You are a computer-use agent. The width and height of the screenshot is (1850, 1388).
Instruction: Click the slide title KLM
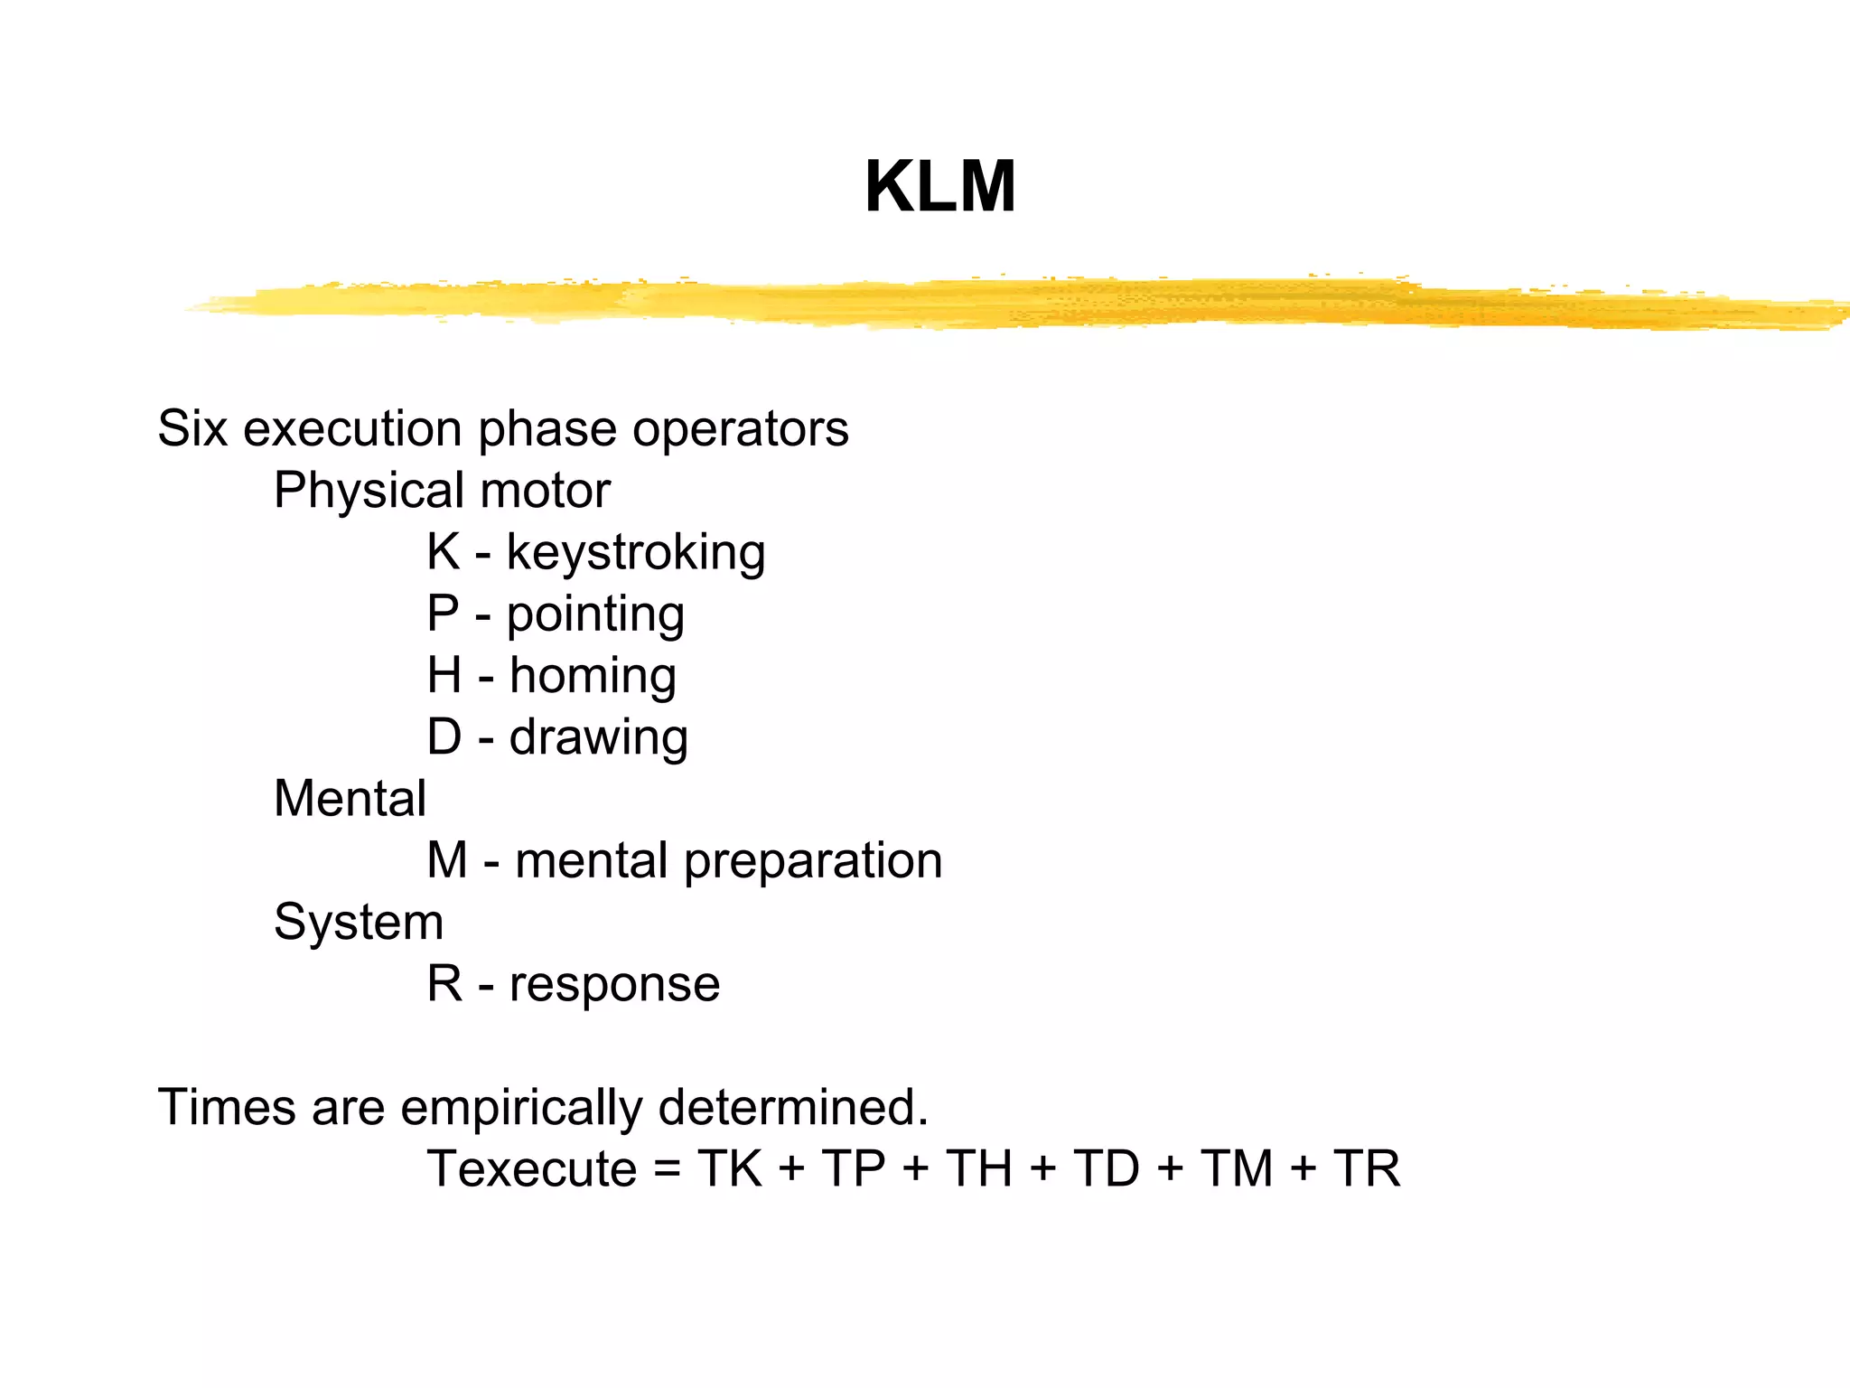coord(939,187)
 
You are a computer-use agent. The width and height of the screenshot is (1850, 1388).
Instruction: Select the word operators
coord(740,429)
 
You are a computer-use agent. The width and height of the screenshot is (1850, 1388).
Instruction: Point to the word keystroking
coord(636,552)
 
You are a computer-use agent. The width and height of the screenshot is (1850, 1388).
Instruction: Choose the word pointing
coord(595,614)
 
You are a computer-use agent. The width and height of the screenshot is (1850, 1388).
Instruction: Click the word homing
coord(593,676)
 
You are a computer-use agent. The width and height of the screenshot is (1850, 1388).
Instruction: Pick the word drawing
coord(598,737)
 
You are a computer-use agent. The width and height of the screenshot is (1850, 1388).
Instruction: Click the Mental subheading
coord(350,799)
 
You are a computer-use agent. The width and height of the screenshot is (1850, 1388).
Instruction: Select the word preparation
coord(813,861)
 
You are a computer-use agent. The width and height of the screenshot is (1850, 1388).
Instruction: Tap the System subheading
coord(359,923)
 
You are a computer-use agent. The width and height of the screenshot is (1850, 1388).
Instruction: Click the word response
coord(614,984)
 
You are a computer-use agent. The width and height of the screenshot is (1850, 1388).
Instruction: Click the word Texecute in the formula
coord(532,1168)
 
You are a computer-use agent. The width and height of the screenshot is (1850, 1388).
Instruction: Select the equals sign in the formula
coord(667,1168)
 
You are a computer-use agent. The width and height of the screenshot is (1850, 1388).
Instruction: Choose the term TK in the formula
coord(730,1168)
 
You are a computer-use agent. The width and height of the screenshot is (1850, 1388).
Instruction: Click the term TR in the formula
coord(1367,1168)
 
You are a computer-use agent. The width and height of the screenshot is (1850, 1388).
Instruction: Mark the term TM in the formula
coord(1236,1168)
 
